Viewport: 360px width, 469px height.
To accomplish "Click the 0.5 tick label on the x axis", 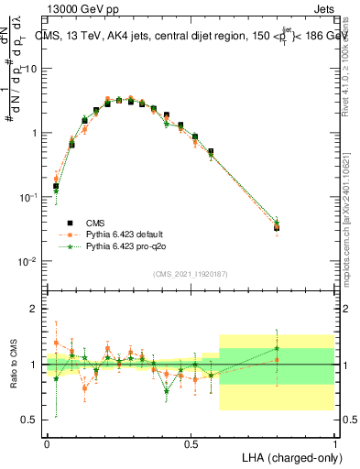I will (191, 443).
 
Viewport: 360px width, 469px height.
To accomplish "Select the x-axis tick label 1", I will (334, 443).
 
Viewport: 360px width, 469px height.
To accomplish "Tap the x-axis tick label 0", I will (47, 443).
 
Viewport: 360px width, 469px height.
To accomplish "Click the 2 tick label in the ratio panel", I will (36, 310).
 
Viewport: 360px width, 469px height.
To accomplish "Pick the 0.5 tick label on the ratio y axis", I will (31, 420).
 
